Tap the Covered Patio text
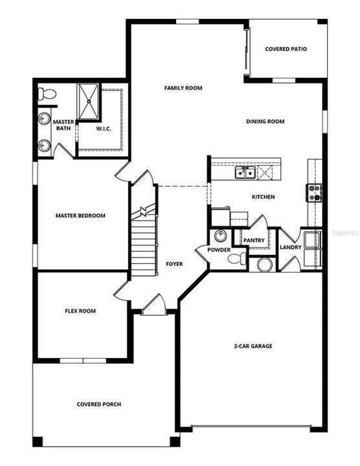pyautogui.click(x=286, y=49)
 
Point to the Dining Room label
pyautogui.click(x=265, y=121)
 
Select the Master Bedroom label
pyautogui.click(x=80, y=216)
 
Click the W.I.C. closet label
pyautogui.click(x=104, y=128)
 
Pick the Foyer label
pyautogui.click(x=174, y=264)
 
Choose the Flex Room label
pyautogui.click(x=80, y=311)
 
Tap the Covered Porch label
pyautogui.click(x=98, y=405)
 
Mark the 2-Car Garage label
pyautogui.click(x=253, y=346)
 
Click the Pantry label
pyautogui.click(x=253, y=240)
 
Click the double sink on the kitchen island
pyautogui.click(x=244, y=172)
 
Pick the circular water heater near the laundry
pyautogui.click(x=264, y=264)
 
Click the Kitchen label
pyautogui.click(x=263, y=197)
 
